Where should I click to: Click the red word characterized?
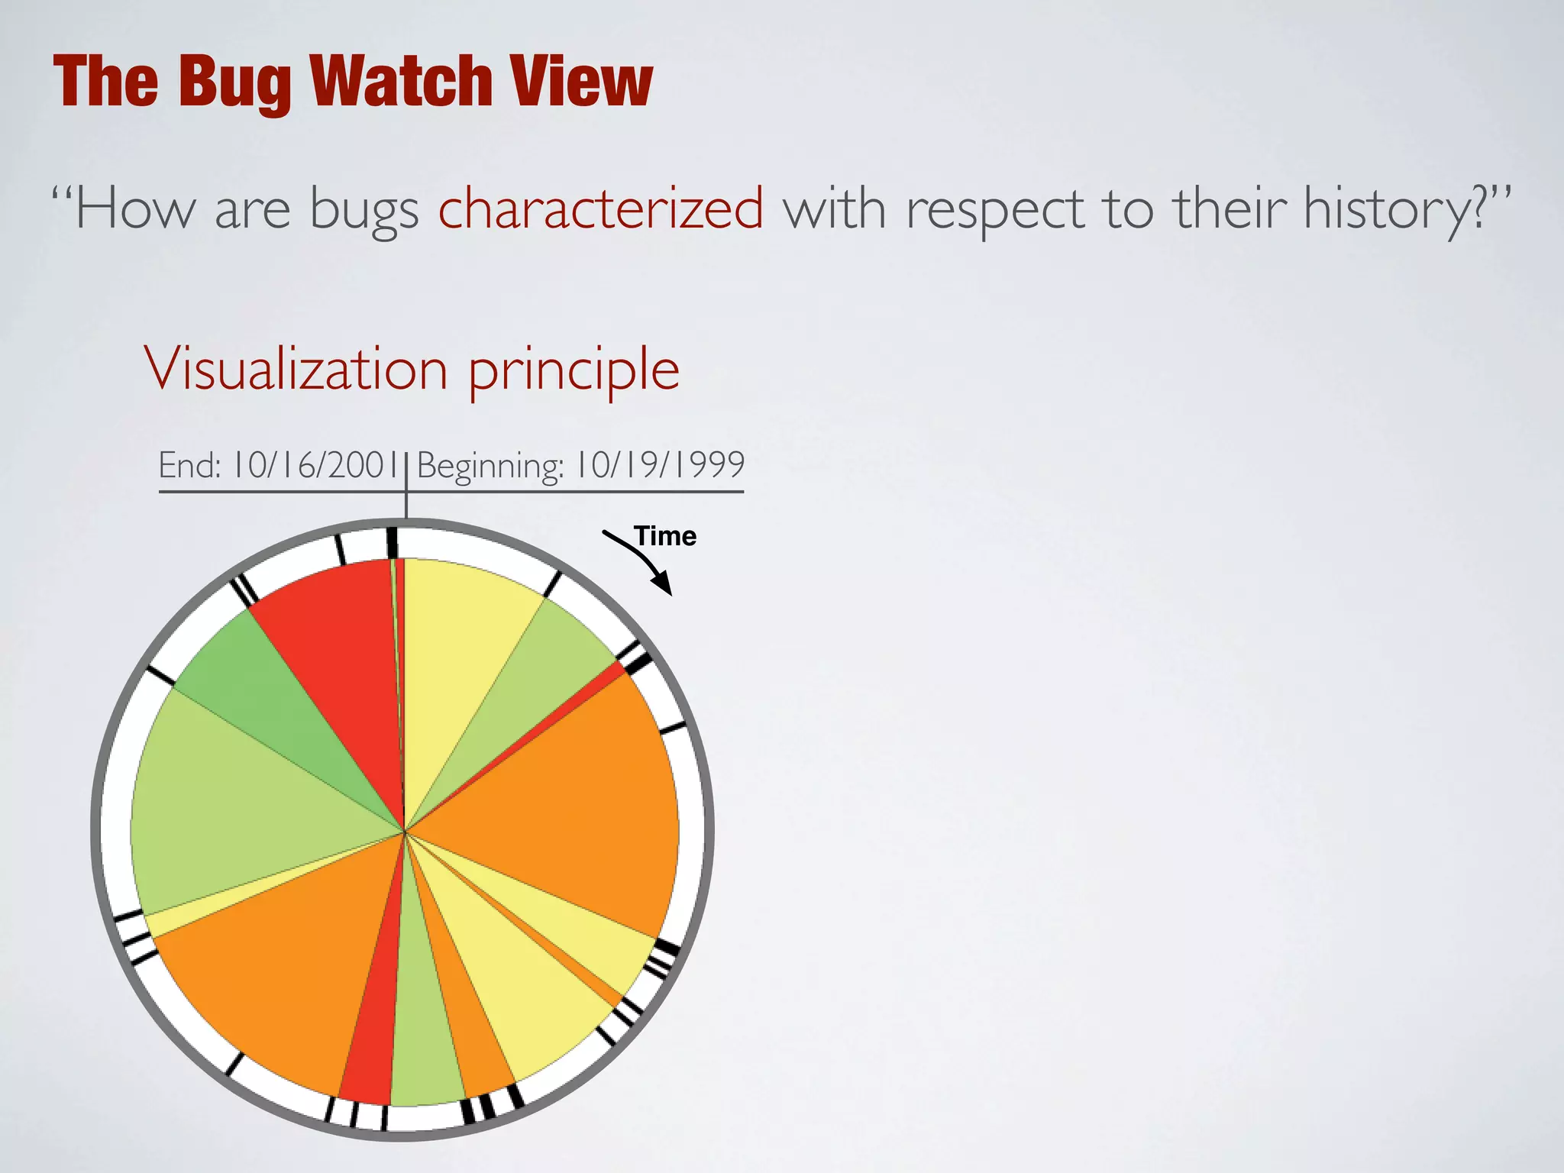click(x=600, y=208)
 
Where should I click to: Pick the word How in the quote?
click(x=134, y=208)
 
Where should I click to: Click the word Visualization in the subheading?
click(x=296, y=369)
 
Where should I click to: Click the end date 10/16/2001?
click(x=317, y=465)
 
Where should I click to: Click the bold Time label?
click(x=665, y=536)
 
